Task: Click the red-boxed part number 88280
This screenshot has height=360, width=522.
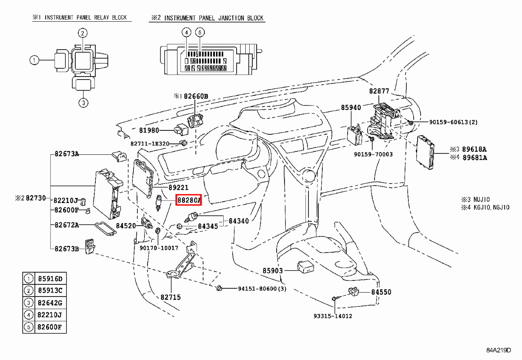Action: click(x=188, y=200)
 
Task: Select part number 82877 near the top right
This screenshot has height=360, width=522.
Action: click(x=379, y=91)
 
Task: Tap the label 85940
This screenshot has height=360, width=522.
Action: click(x=351, y=107)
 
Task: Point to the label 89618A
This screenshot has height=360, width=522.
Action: click(x=475, y=149)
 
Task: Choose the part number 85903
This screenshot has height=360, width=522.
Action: click(x=273, y=270)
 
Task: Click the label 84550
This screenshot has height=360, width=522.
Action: click(x=381, y=292)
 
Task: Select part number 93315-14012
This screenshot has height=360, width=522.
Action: click(x=333, y=316)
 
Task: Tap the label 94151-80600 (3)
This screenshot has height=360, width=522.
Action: click(x=262, y=289)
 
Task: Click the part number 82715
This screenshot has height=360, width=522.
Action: click(x=171, y=297)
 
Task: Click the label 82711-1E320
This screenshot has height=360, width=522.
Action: click(x=150, y=143)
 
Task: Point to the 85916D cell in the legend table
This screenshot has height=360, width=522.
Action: click(x=50, y=279)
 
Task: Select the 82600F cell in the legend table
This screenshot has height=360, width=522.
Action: click(x=50, y=327)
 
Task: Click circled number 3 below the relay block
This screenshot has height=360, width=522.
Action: click(x=84, y=103)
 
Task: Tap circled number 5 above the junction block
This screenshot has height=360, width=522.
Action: click(x=200, y=33)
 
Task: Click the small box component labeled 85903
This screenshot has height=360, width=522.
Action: click(x=304, y=267)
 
